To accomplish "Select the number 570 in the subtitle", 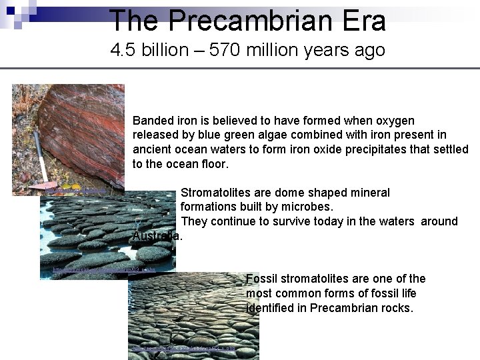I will tap(231, 51).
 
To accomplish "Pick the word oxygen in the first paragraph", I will tap(395, 121).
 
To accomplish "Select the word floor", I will tap(213, 163).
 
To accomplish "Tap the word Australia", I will tap(157, 236).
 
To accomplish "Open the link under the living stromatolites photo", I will tap(103, 270).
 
